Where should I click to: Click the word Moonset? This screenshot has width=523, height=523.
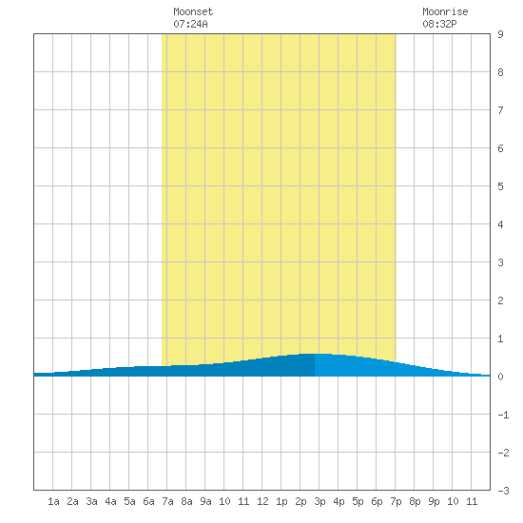(x=193, y=11)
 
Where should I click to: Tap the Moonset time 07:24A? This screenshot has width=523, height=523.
(x=190, y=24)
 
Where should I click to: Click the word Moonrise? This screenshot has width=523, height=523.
(x=445, y=11)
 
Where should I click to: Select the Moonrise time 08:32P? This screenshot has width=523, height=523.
(x=439, y=24)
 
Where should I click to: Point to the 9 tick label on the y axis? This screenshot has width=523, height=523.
(x=500, y=34)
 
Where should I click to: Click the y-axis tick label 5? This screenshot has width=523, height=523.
(x=500, y=186)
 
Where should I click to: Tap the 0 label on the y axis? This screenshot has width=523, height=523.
(x=500, y=377)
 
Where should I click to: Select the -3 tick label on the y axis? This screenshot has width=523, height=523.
(x=503, y=491)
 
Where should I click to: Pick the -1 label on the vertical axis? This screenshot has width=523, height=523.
(x=503, y=415)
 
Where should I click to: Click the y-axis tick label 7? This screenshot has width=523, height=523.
(x=500, y=110)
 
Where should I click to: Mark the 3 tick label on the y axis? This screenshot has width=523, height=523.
(x=500, y=262)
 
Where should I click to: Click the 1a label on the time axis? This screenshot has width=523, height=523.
(x=53, y=501)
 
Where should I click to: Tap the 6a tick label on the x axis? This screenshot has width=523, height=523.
(x=148, y=501)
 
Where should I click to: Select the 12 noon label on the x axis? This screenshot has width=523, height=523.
(x=262, y=501)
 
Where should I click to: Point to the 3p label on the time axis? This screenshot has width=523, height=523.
(x=320, y=501)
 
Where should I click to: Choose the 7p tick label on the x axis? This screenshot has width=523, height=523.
(x=396, y=501)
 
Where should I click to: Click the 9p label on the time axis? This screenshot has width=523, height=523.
(x=434, y=501)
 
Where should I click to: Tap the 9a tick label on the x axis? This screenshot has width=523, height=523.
(x=205, y=501)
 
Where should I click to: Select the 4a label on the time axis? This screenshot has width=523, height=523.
(x=110, y=501)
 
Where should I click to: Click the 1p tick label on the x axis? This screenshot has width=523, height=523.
(x=281, y=501)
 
